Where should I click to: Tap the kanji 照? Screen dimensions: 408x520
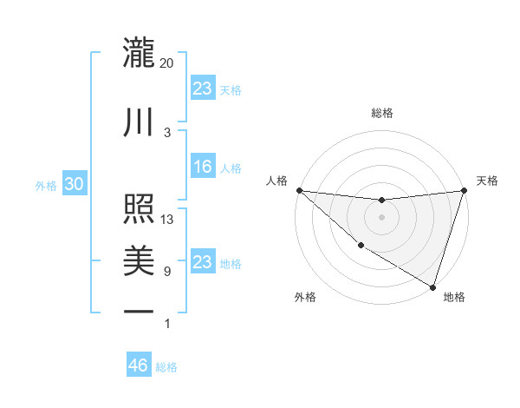coord(140,209)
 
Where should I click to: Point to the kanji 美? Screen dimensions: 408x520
coord(140,260)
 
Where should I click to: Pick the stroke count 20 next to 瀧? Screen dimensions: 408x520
coord(167,63)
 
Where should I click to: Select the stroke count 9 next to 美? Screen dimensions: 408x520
coord(167,272)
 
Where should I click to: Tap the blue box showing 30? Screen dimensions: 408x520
coord(74,185)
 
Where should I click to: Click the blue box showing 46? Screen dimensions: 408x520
coord(139,365)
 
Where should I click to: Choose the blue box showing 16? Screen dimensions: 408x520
coord(203,168)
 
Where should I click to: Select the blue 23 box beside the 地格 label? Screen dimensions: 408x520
coord(203,262)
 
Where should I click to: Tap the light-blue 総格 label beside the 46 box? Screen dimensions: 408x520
coord(166,367)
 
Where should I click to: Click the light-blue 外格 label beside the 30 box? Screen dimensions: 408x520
coord(46,186)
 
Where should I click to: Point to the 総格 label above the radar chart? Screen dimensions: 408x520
coord(381,113)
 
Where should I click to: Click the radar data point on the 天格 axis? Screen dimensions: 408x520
coord(464,190)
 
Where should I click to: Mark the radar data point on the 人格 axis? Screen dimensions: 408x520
coord(299,190)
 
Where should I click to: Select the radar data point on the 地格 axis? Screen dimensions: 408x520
coord(432,286)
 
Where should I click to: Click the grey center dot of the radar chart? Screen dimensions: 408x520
coord(381,217)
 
